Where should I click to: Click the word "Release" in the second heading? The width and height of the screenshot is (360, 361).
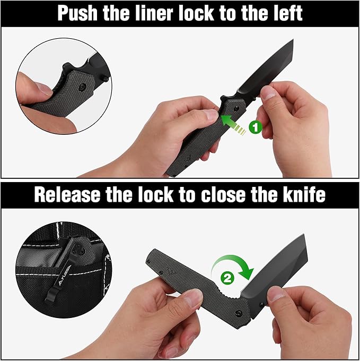(x=67, y=195)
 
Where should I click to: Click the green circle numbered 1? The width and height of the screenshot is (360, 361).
(x=256, y=127)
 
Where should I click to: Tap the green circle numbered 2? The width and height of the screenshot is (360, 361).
(x=227, y=278)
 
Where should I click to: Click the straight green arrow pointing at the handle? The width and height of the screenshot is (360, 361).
(x=233, y=125)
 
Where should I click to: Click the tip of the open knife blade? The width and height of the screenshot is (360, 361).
(x=293, y=40)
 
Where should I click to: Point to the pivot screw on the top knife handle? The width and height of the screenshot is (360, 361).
(x=235, y=108)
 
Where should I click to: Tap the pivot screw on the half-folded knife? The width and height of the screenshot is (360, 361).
(x=239, y=313)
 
